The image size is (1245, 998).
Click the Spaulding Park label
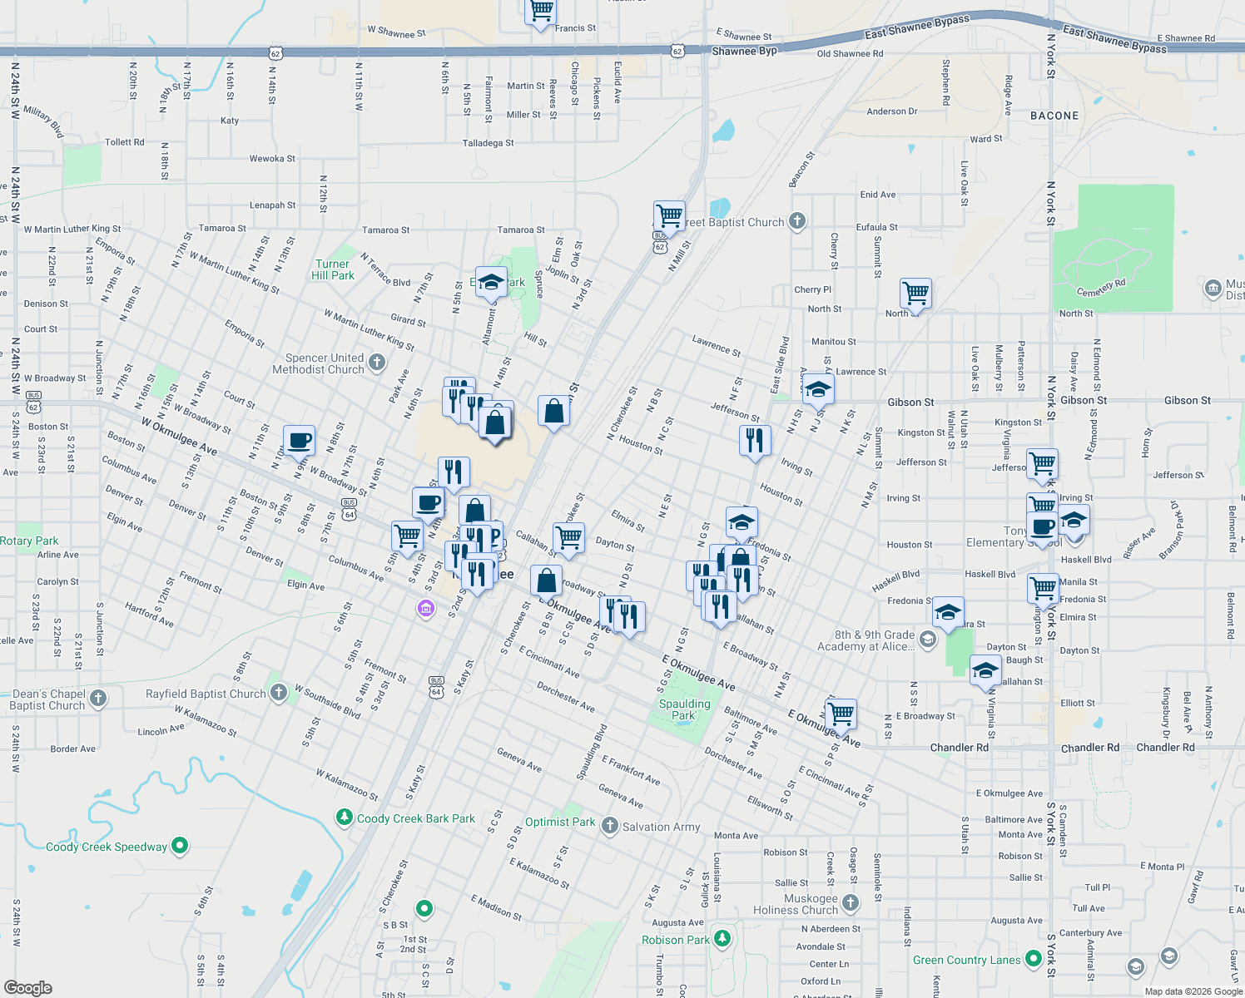(x=684, y=709)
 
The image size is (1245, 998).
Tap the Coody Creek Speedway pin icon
(x=180, y=847)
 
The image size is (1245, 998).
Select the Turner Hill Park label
(x=332, y=269)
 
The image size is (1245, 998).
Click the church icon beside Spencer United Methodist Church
(x=377, y=362)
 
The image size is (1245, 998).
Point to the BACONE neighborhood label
(x=1054, y=116)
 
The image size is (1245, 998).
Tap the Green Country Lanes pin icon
(x=1033, y=959)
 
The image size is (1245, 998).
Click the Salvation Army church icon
(x=610, y=826)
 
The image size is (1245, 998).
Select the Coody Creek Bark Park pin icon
(x=345, y=818)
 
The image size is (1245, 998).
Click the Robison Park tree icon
(x=722, y=939)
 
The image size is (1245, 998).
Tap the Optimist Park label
(x=559, y=822)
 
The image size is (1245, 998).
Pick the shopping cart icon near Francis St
(x=541, y=11)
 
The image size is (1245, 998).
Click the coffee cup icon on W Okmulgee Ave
(x=299, y=440)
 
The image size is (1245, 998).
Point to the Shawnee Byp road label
(x=744, y=51)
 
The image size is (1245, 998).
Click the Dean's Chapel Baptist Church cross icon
(x=98, y=698)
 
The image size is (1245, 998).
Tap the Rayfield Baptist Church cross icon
(x=279, y=692)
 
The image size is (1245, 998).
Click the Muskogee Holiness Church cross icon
(x=850, y=902)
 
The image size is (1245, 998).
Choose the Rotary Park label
(x=29, y=541)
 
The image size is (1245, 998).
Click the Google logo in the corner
(x=28, y=987)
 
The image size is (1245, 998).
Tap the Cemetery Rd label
(x=1100, y=288)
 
